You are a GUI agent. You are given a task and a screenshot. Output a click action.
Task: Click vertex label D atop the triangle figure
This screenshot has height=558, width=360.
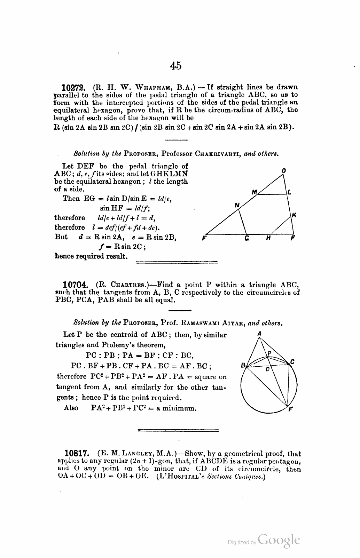click(x=284, y=170)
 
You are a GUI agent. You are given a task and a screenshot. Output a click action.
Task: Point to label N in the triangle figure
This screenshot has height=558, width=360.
click(x=237, y=205)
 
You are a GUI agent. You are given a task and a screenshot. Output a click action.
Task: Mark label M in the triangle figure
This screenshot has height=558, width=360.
click(x=254, y=192)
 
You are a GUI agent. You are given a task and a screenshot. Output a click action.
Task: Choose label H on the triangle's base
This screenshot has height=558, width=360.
click(x=268, y=239)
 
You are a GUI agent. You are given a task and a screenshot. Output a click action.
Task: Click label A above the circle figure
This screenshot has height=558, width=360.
click(x=259, y=333)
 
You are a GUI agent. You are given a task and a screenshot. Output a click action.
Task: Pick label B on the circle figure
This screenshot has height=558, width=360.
click(x=243, y=365)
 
